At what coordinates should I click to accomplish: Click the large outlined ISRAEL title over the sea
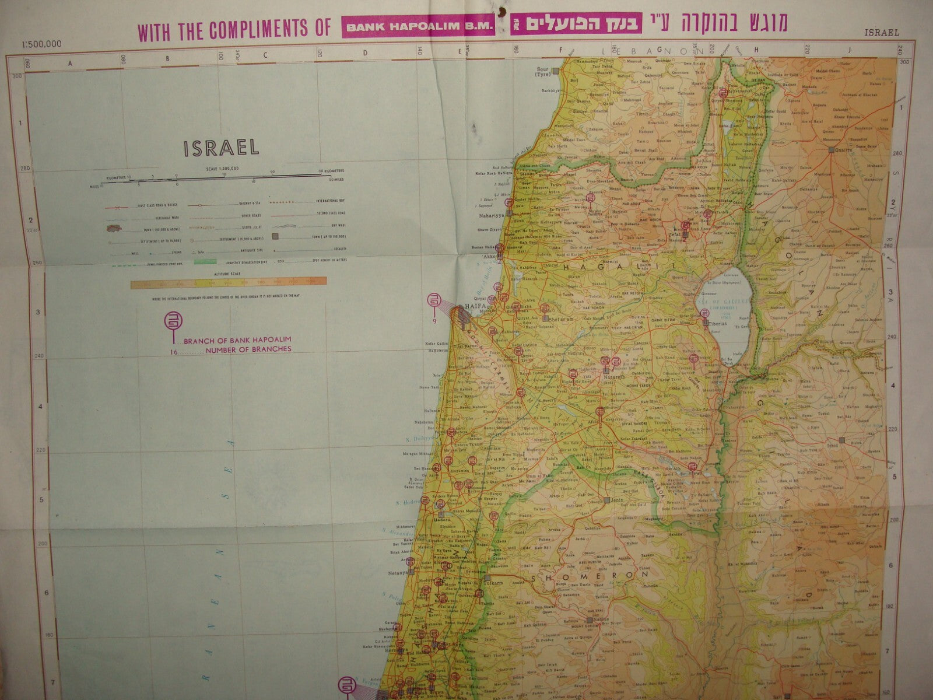tap(222, 147)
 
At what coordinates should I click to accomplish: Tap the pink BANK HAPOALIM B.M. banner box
tap(419, 27)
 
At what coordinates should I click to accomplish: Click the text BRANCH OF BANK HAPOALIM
tap(237, 339)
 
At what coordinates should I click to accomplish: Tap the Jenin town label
tap(619, 501)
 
